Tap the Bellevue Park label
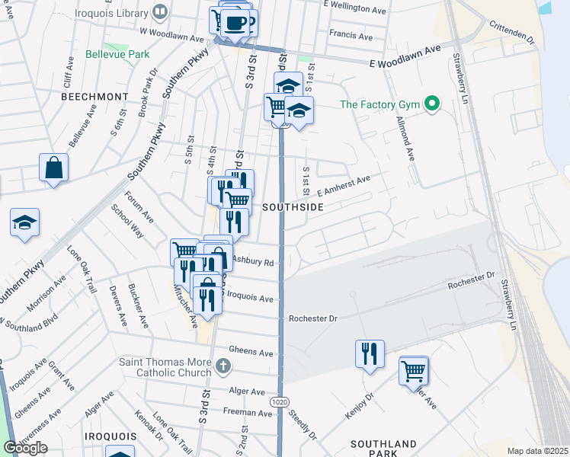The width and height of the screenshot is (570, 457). click(x=117, y=55)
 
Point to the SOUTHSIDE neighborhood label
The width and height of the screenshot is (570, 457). click(x=293, y=207)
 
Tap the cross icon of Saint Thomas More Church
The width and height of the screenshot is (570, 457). click(x=223, y=366)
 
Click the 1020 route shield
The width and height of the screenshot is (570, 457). click(x=279, y=399)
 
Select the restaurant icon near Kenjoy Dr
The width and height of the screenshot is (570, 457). click(x=370, y=353)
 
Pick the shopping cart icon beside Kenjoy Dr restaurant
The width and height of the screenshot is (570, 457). click(x=414, y=371)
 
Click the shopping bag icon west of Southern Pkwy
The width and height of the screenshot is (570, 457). click(x=53, y=168)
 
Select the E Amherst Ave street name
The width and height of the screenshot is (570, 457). click(x=343, y=186)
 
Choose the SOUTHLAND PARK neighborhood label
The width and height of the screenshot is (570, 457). click(x=383, y=449)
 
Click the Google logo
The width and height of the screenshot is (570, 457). click(x=25, y=448)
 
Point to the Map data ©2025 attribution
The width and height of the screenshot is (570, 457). click(x=537, y=451)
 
